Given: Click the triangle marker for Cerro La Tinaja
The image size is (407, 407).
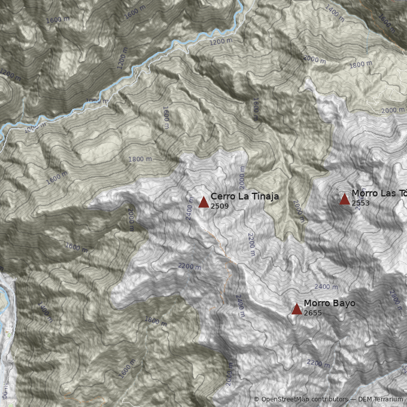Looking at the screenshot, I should pyautogui.click(x=203, y=202).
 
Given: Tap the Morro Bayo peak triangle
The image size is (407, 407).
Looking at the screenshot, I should pyautogui.click(x=297, y=309).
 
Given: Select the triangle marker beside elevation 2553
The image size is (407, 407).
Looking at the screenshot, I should pyautogui.click(x=344, y=199).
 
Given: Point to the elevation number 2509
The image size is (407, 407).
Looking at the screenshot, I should pyautogui.click(x=219, y=206).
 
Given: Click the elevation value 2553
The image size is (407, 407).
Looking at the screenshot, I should pyautogui.click(x=360, y=203).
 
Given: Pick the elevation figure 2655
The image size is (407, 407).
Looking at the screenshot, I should pyautogui.click(x=312, y=313).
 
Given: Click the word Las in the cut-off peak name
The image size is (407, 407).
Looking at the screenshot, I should pyautogui.click(x=387, y=193).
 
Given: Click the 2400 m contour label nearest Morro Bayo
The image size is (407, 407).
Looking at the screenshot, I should pyautogui.click(x=326, y=287).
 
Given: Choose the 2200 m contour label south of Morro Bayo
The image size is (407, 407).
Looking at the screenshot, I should pyautogui.click(x=318, y=363).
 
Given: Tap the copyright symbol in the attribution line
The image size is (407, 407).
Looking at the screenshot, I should pyautogui.click(x=256, y=399).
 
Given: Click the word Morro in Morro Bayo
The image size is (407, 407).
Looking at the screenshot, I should pyautogui.click(x=316, y=303).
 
